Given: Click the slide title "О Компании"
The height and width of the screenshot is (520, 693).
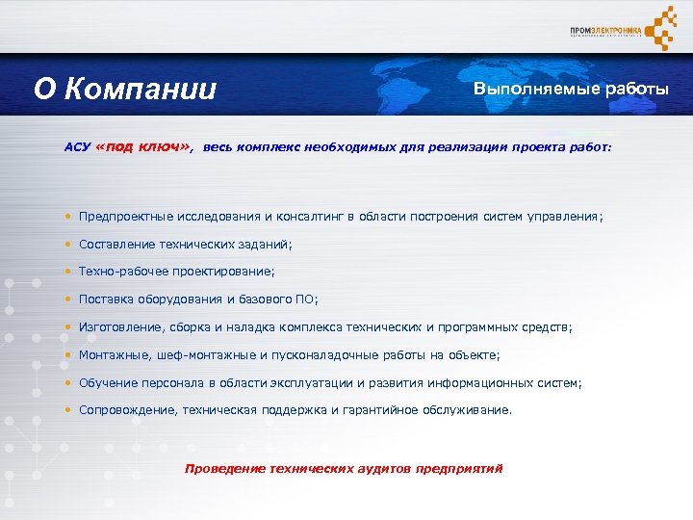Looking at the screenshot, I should tap(125, 90).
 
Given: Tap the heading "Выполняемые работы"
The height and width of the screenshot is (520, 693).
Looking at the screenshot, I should tap(570, 90).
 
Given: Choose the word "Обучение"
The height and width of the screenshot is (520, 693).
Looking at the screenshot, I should tap(108, 383).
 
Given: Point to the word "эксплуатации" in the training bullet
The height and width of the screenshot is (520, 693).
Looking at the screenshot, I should tap(324, 383).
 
